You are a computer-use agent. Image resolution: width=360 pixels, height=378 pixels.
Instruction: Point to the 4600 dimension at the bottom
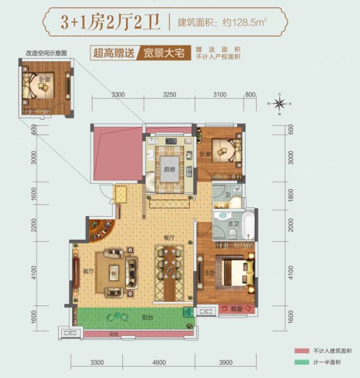point(159,362)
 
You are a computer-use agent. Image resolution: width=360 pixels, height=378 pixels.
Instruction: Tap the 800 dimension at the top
point(250,94)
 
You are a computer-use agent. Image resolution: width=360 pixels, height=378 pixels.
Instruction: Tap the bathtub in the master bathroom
point(248,227)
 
